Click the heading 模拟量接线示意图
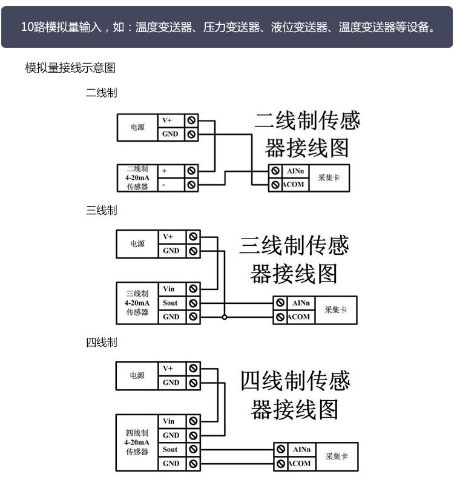[x=70, y=68]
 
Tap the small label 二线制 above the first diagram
[x=101, y=93]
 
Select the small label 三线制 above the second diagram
[x=101, y=211]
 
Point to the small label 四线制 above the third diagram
[x=101, y=343]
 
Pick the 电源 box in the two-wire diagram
[x=137, y=128]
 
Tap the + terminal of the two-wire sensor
[x=165, y=171]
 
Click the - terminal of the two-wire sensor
[x=164, y=185]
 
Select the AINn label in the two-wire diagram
[x=295, y=171]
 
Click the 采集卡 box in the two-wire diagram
[x=329, y=179]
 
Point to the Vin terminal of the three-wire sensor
[x=169, y=289]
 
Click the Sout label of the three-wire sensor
[x=170, y=303]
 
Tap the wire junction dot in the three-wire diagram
[x=224, y=317]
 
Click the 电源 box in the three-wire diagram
[x=137, y=244]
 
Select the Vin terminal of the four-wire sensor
[x=169, y=421]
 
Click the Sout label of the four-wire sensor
[x=170, y=449]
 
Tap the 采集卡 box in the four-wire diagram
[x=337, y=456]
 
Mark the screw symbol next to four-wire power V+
[x=192, y=368]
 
